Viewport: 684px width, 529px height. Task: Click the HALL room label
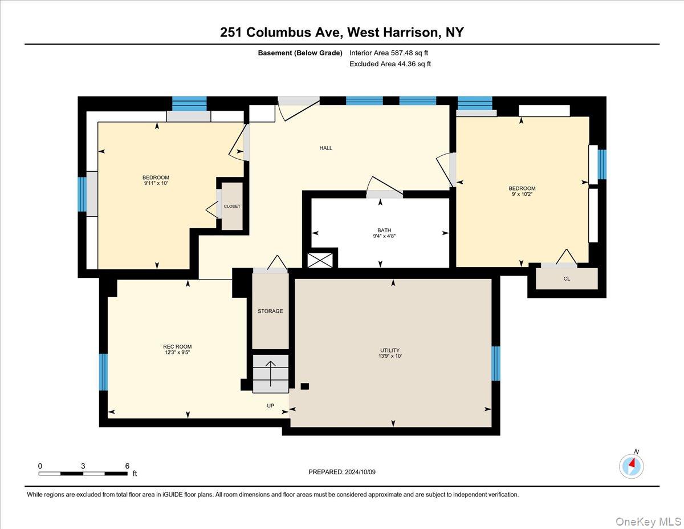click(325, 148)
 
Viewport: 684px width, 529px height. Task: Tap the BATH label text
click(384, 231)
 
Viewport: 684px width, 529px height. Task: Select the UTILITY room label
click(390, 350)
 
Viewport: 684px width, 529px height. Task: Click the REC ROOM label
click(177, 346)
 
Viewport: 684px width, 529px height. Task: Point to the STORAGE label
click(270, 311)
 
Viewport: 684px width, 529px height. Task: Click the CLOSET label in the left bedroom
click(232, 206)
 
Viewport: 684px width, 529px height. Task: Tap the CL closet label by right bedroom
click(567, 279)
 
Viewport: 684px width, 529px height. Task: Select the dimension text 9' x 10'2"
click(522, 195)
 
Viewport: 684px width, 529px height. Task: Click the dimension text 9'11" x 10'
click(156, 183)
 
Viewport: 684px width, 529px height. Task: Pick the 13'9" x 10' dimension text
click(390, 356)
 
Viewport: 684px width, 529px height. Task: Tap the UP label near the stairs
click(271, 406)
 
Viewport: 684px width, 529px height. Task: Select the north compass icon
click(631, 466)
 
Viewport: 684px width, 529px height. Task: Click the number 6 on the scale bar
click(127, 466)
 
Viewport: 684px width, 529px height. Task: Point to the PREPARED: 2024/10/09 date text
click(343, 472)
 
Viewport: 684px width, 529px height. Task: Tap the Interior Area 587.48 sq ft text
click(388, 53)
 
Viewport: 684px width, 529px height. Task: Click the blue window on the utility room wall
click(495, 363)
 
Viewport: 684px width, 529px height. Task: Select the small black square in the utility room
click(305, 386)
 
